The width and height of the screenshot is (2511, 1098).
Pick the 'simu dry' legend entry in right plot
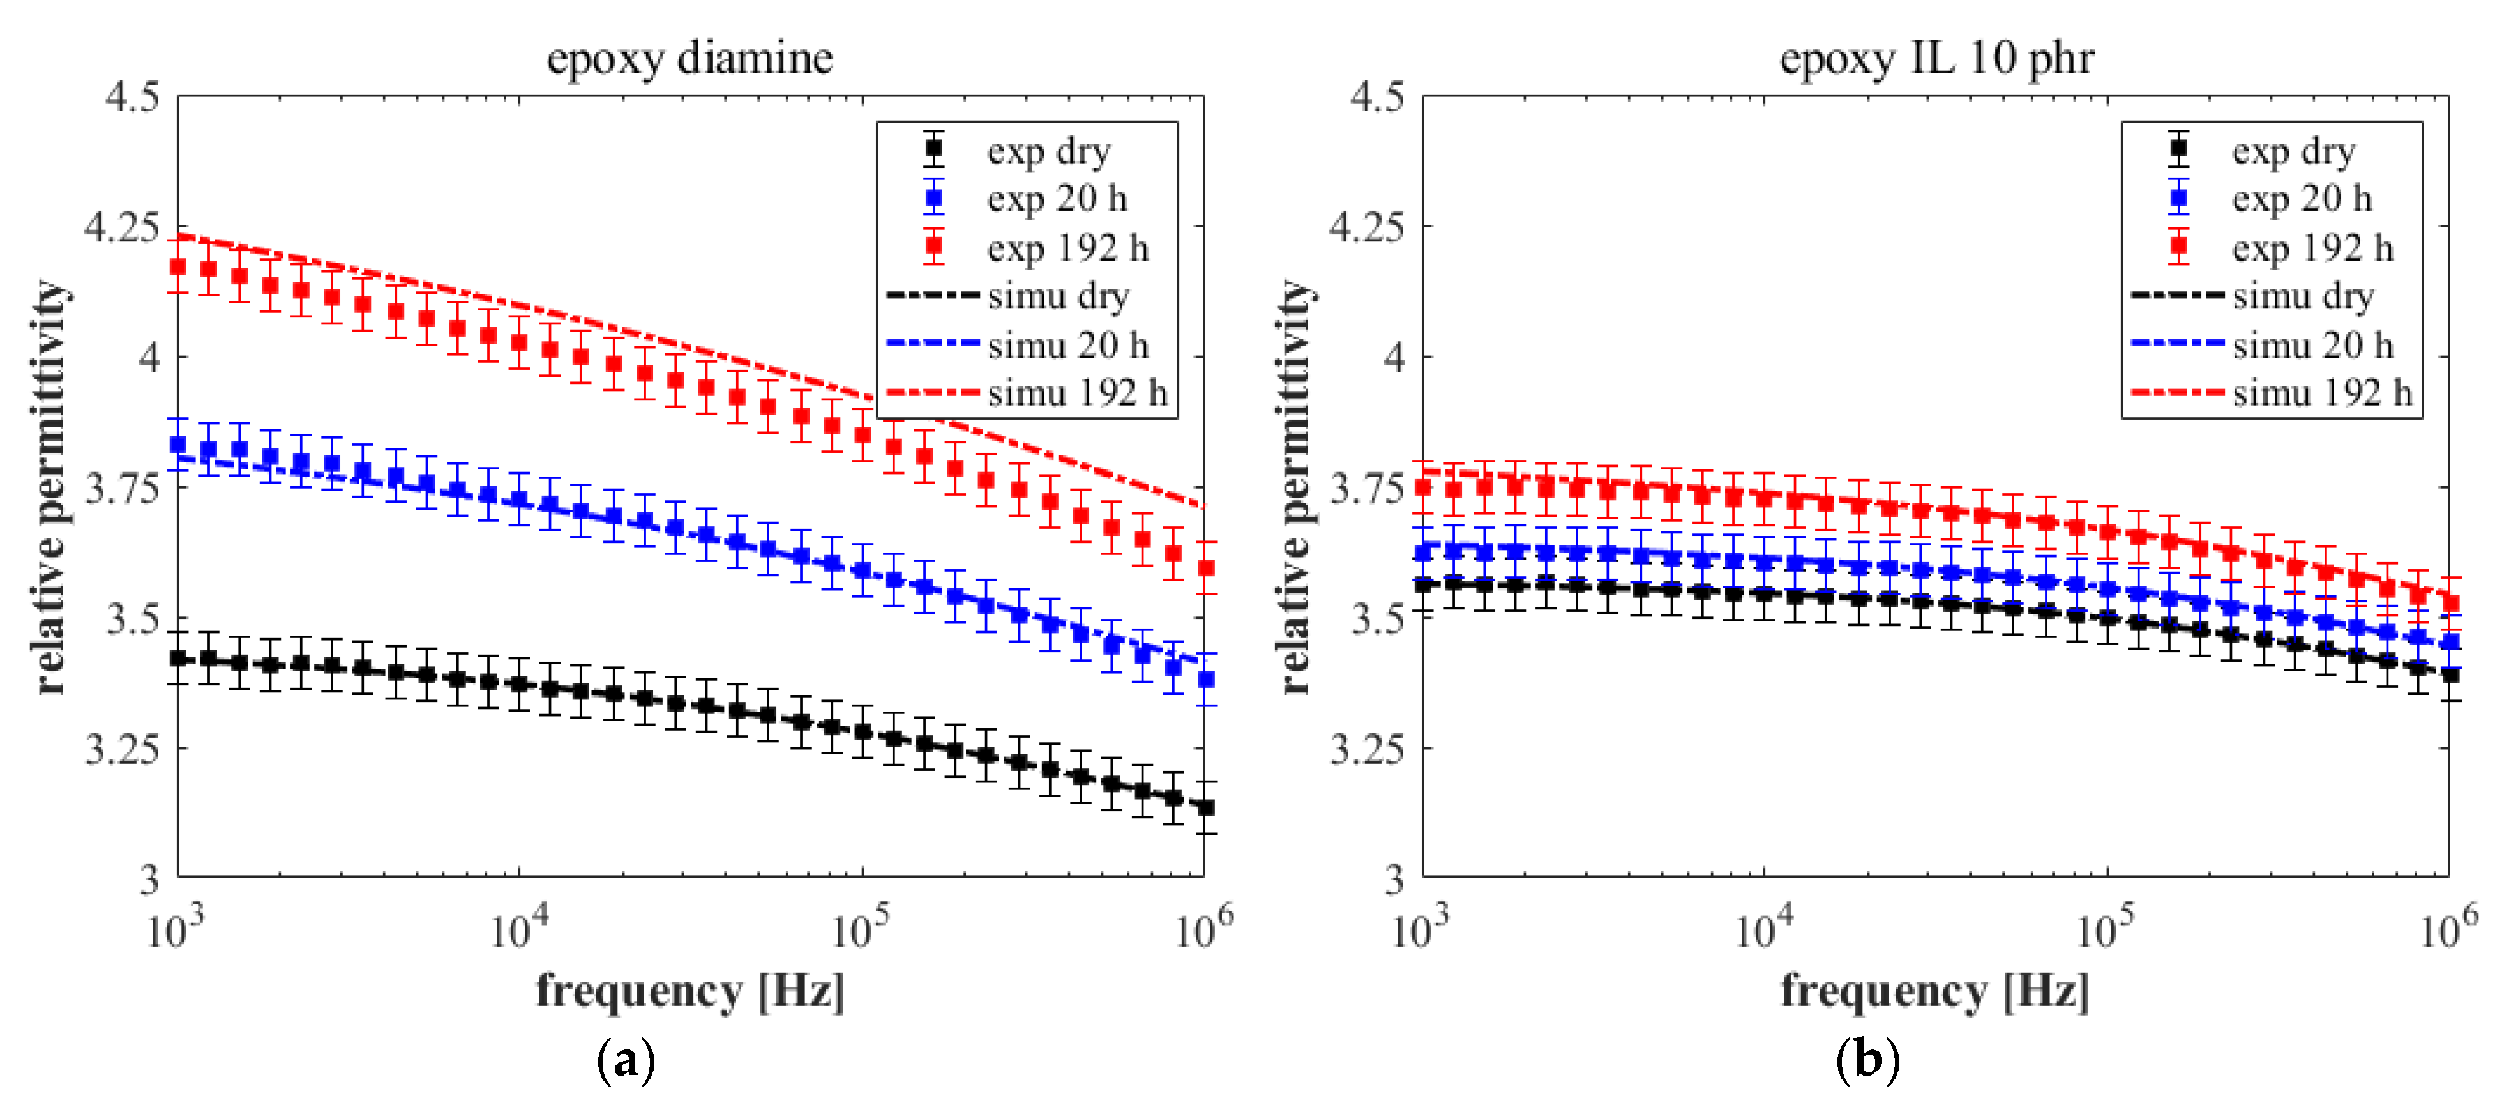point(2302,296)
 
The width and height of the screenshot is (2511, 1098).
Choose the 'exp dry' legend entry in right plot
point(2293,151)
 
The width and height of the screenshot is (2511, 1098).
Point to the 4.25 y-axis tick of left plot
point(122,227)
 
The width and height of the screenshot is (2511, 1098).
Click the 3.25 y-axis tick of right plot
point(1368,749)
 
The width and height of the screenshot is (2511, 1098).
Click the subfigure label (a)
point(625,1060)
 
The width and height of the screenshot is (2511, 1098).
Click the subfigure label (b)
point(1867,1060)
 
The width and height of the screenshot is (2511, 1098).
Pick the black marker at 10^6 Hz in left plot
point(1206,807)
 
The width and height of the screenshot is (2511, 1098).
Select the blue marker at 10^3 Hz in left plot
point(177,445)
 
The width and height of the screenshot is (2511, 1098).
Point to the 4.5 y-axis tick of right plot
point(1377,96)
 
